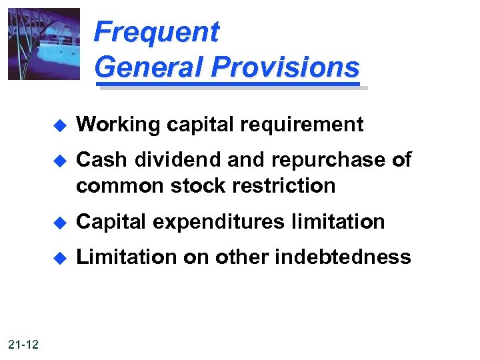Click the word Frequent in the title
[x=156, y=32]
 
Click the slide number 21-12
[x=24, y=344]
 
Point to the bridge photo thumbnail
[x=43, y=43]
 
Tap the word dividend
[x=170, y=160]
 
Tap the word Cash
[x=101, y=160]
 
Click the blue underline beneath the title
[x=230, y=85]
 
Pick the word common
[x=120, y=186]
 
